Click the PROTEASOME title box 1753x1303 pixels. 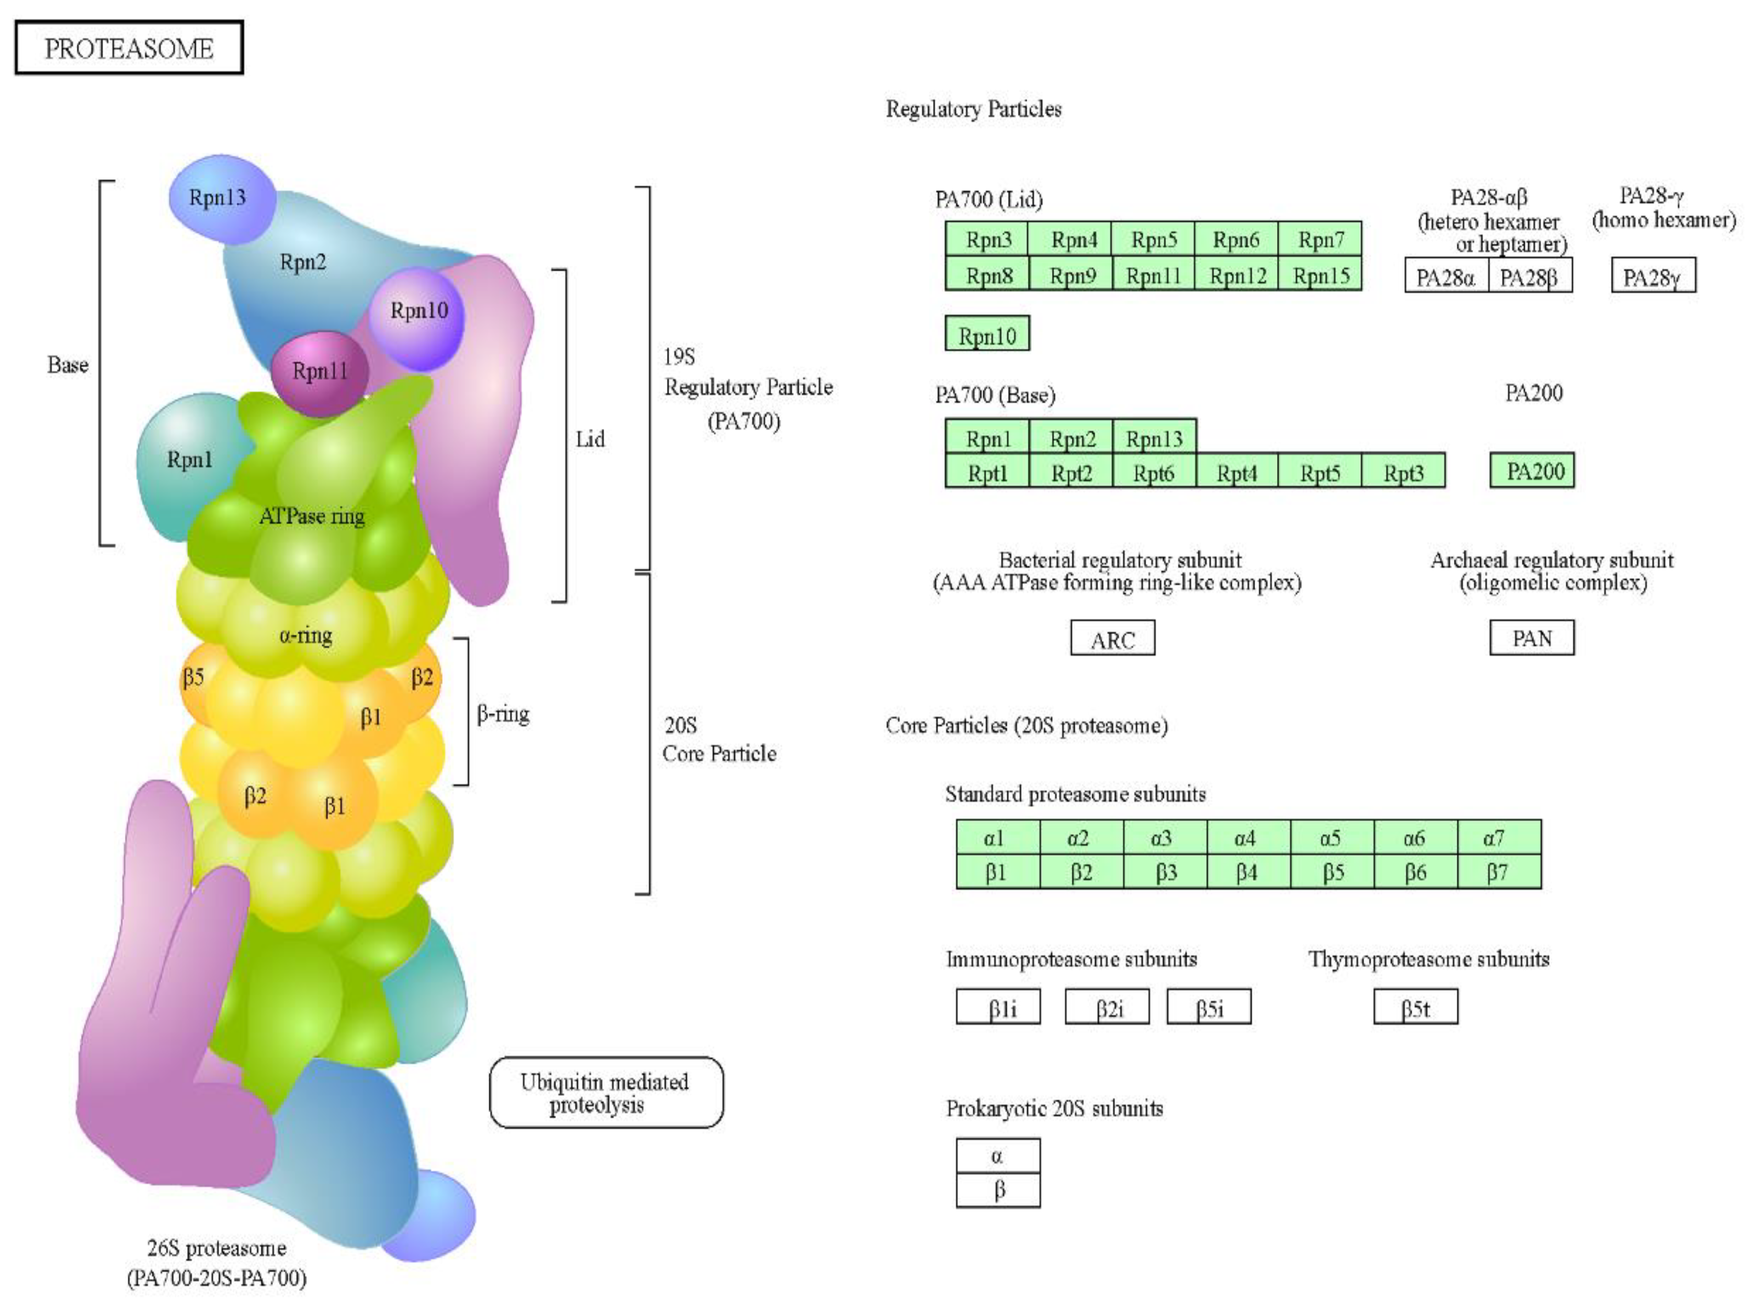(129, 48)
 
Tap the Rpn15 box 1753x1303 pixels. (1320, 275)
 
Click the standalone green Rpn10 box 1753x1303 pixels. (986, 335)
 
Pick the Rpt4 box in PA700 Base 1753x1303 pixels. (1235, 472)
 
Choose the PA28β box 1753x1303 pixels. (1528, 277)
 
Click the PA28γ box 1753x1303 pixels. (1652, 277)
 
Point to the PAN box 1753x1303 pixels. (1531, 638)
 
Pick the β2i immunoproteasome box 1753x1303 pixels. (1106, 1007)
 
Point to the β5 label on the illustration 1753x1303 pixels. (193, 677)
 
